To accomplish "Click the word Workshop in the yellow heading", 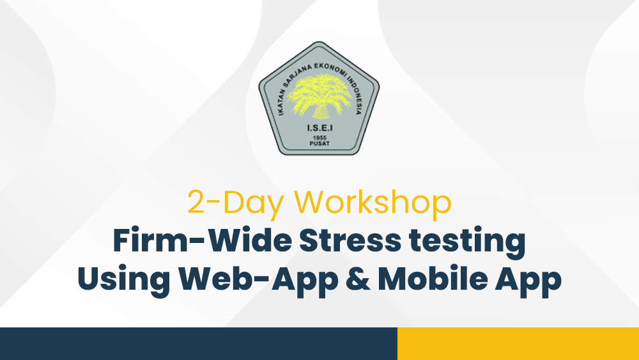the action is coord(373,202).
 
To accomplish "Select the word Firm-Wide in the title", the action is coord(202,240).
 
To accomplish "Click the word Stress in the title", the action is coord(350,240).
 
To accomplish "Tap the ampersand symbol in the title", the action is coord(358,279).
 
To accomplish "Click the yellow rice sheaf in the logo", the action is coord(319,96).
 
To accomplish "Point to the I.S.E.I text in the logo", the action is coord(319,128).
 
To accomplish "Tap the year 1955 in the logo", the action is coord(319,138).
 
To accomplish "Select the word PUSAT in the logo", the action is coord(319,143).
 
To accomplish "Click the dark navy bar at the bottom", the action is coord(199,343).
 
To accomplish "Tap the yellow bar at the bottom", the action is coord(518,343).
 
